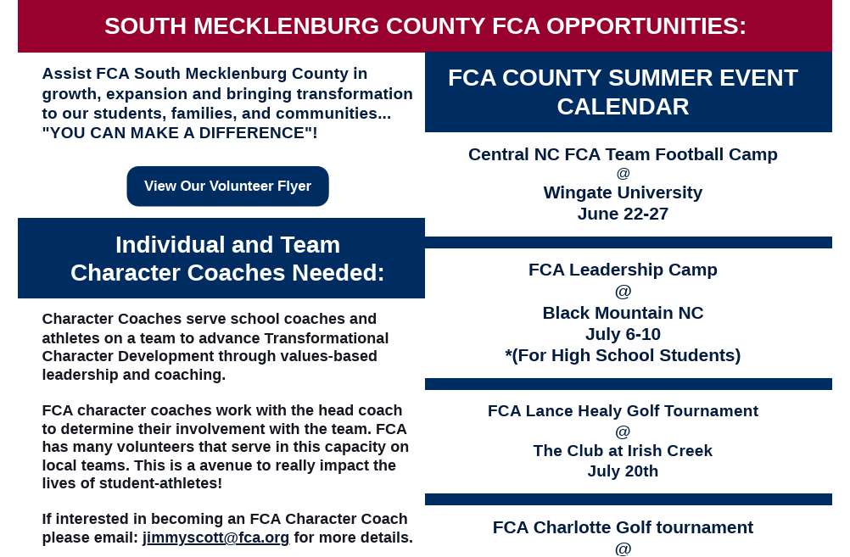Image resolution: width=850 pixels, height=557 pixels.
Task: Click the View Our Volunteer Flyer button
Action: coord(227,186)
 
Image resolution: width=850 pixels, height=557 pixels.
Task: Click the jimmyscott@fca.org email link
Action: coord(215,538)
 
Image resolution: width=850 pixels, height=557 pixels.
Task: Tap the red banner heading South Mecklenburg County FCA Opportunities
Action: coord(425,26)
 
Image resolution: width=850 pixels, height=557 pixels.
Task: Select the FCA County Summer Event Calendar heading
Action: coord(623,92)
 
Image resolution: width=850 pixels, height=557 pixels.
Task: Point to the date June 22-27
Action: coord(623,214)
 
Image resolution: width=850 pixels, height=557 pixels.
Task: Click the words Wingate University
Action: coord(623,193)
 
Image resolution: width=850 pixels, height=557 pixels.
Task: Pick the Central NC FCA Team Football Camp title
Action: coord(623,154)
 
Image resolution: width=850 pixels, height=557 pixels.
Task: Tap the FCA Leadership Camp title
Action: coord(623,270)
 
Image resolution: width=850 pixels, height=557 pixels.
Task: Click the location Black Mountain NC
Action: coord(623,313)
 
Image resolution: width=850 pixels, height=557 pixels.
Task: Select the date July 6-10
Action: coord(623,334)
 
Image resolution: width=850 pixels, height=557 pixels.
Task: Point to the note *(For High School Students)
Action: coord(623,355)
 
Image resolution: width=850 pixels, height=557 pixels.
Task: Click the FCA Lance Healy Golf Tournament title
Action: coord(623,411)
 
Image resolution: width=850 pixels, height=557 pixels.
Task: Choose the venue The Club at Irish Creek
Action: coord(623,451)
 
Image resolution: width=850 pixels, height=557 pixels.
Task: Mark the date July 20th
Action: coord(623,471)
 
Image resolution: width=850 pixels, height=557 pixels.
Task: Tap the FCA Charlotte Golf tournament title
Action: coord(623,527)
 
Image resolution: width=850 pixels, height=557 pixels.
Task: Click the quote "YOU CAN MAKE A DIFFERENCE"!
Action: coord(180,133)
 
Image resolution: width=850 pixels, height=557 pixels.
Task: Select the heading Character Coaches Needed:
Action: coord(227,273)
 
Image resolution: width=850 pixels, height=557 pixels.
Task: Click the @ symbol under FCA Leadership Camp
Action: coord(623,292)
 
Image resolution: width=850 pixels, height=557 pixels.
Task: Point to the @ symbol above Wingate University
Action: coord(623,174)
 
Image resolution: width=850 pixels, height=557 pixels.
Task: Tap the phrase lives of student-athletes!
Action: coord(132,483)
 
